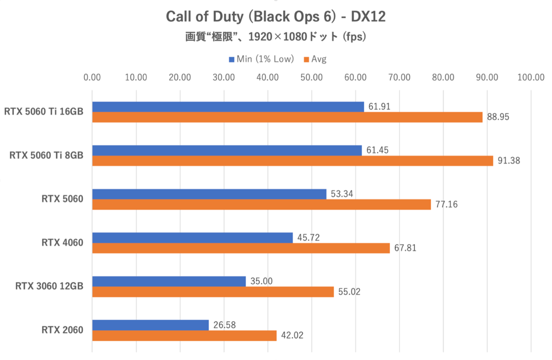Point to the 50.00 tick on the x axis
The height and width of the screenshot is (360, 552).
pyautogui.click(x=311, y=77)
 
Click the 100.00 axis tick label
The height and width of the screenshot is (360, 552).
pyautogui.click(x=530, y=77)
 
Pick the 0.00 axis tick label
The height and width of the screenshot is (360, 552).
pyautogui.click(x=92, y=77)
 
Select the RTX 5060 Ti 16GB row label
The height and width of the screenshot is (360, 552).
pyautogui.click(x=44, y=112)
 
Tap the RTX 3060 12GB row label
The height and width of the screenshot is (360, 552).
pyautogui.click(x=49, y=286)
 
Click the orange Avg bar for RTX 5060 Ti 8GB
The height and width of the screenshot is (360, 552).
pyautogui.click(x=293, y=161)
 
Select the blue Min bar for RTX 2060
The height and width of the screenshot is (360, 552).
pyautogui.click(x=150, y=325)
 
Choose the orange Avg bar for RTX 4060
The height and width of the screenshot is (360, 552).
pyautogui.click(x=241, y=248)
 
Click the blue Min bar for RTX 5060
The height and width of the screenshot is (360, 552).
pyautogui.click(x=209, y=194)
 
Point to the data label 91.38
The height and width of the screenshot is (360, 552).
pyautogui.click(x=508, y=161)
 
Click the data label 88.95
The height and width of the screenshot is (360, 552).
pyautogui.click(x=498, y=117)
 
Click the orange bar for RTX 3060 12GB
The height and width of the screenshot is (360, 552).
pyautogui.click(x=213, y=292)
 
